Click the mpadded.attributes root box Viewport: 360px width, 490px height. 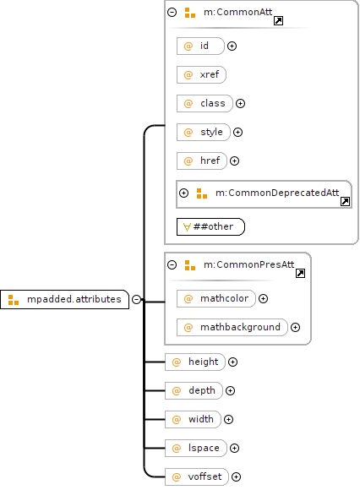click(x=64, y=299)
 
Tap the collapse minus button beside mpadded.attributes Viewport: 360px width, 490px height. click(x=137, y=299)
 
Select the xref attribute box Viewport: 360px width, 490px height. click(x=201, y=74)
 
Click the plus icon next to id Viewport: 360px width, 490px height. click(x=232, y=46)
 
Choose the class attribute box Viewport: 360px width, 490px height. click(x=205, y=103)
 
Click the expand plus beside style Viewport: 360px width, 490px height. click(x=237, y=132)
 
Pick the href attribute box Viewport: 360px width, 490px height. click(x=202, y=161)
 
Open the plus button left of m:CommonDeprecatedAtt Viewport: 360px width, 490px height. click(x=183, y=193)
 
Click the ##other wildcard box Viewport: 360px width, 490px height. click(x=210, y=226)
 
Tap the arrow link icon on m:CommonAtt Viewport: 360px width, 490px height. click(x=278, y=21)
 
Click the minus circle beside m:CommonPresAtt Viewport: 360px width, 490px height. click(x=172, y=265)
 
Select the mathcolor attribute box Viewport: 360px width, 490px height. click(x=216, y=298)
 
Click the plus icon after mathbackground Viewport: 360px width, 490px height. click(x=295, y=327)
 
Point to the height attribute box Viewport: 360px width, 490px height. click(x=195, y=362)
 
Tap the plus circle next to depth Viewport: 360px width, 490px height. click(x=231, y=390)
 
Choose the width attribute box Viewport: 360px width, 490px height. click(x=193, y=419)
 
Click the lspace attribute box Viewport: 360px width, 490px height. click(x=196, y=448)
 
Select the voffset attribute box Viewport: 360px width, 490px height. click(x=197, y=476)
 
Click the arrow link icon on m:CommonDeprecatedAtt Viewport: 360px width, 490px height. click(x=345, y=202)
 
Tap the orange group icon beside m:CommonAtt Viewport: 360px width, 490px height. click(x=190, y=13)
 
